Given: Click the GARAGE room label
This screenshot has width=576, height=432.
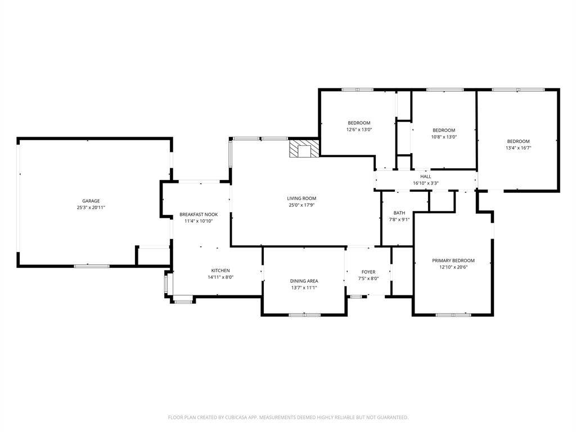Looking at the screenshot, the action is pos(91,201).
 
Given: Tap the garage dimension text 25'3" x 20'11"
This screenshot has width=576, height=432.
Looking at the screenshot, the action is pos(91,208).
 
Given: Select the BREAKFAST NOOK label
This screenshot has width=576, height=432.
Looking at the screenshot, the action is pos(199,214).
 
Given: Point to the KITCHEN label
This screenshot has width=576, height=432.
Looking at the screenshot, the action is pos(220,271).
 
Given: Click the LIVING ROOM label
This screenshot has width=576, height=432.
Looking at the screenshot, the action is pos(301,199).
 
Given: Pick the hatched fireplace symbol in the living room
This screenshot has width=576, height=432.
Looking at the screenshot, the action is pos(304,148).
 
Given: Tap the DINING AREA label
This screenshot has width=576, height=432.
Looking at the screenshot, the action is pos(304,281).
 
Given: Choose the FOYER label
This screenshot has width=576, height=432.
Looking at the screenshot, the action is pos(368,272).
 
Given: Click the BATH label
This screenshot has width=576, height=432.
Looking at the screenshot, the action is pos(399,213).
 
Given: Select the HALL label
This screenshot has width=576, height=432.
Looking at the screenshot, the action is pos(426,177).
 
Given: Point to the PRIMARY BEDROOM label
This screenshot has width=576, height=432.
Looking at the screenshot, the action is pos(453,260).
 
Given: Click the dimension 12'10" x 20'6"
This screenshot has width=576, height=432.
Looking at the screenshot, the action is pos(453,267).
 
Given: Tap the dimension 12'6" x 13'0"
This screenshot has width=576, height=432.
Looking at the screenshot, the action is pos(359,130).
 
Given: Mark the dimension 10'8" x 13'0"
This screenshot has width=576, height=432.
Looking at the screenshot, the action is pos(444,137).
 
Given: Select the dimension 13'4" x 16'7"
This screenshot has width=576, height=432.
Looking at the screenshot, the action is pos(518,148).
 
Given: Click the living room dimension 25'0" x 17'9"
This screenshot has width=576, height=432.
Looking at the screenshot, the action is pos(301,205).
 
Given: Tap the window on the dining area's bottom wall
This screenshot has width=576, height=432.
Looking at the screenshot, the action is pos(304,315).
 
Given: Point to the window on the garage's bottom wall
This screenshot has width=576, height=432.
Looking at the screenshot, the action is pos(92,266).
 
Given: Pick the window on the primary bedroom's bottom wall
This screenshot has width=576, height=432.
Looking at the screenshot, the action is pos(453,315).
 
